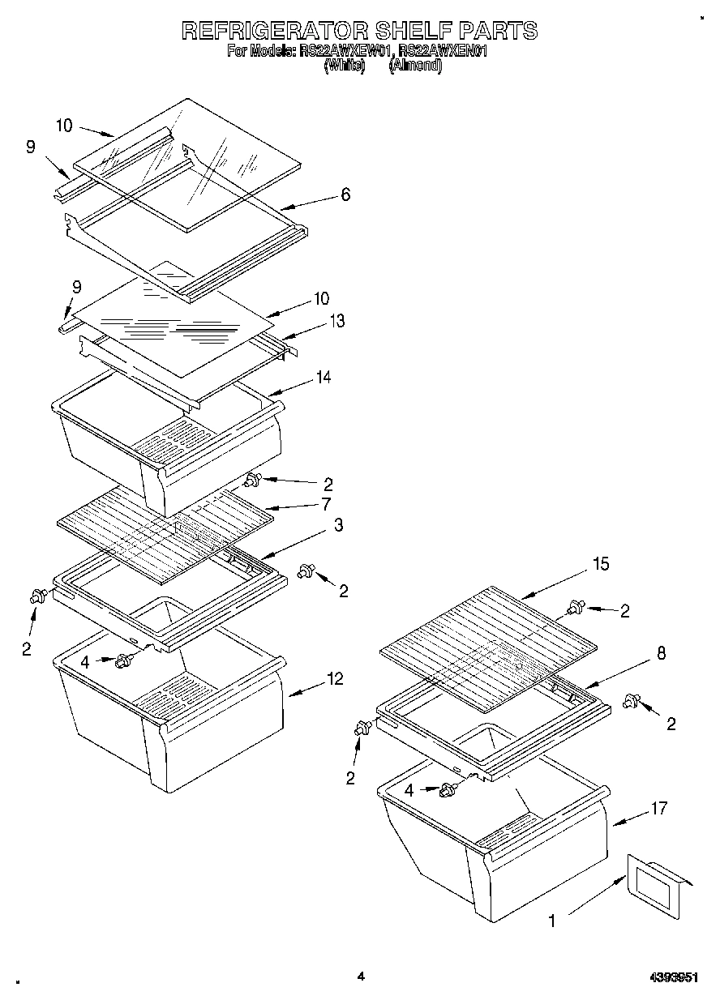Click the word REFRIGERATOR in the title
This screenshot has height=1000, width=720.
(273, 31)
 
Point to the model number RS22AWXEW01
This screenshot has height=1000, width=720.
(345, 52)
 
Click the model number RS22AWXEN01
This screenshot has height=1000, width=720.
(443, 52)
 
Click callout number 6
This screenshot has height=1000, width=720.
(345, 194)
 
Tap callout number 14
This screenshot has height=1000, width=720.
(324, 377)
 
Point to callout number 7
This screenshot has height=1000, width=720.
(326, 505)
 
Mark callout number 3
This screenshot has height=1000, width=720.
(338, 525)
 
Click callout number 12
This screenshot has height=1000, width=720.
(335, 679)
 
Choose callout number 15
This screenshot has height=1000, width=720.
(600, 563)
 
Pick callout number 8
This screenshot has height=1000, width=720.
(661, 653)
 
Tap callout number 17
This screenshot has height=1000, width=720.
(658, 807)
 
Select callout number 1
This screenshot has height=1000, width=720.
(552, 921)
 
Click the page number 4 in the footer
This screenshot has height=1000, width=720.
(361, 976)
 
